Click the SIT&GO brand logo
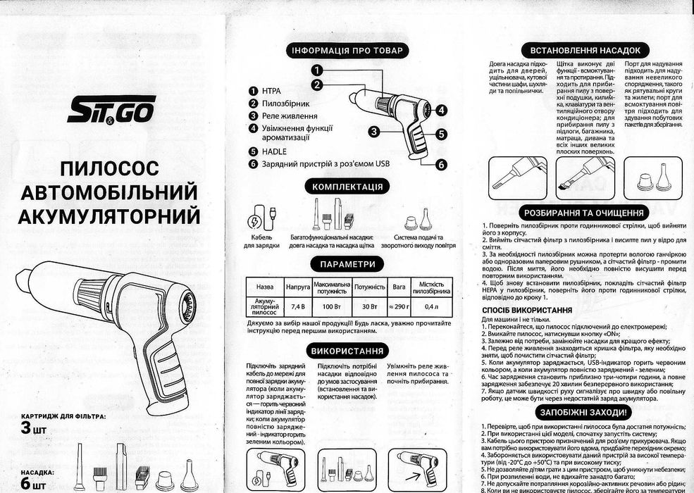(x=111, y=110)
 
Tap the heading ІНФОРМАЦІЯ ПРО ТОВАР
(x=347, y=51)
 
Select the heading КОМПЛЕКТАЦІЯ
(x=347, y=187)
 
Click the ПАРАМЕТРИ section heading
(x=347, y=264)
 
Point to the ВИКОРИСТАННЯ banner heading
(x=347, y=351)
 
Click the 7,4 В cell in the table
(x=297, y=307)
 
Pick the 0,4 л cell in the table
(x=430, y=307)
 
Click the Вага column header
(x=399, y=287)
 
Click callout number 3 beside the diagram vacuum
(x=373, y=130)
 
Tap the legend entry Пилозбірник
(x=285, y=104)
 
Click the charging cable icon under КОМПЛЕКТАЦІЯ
(x=258, y=218)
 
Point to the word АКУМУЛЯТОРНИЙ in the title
(x=111, y=215)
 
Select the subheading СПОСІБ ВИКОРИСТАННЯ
(x=526, y=309)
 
